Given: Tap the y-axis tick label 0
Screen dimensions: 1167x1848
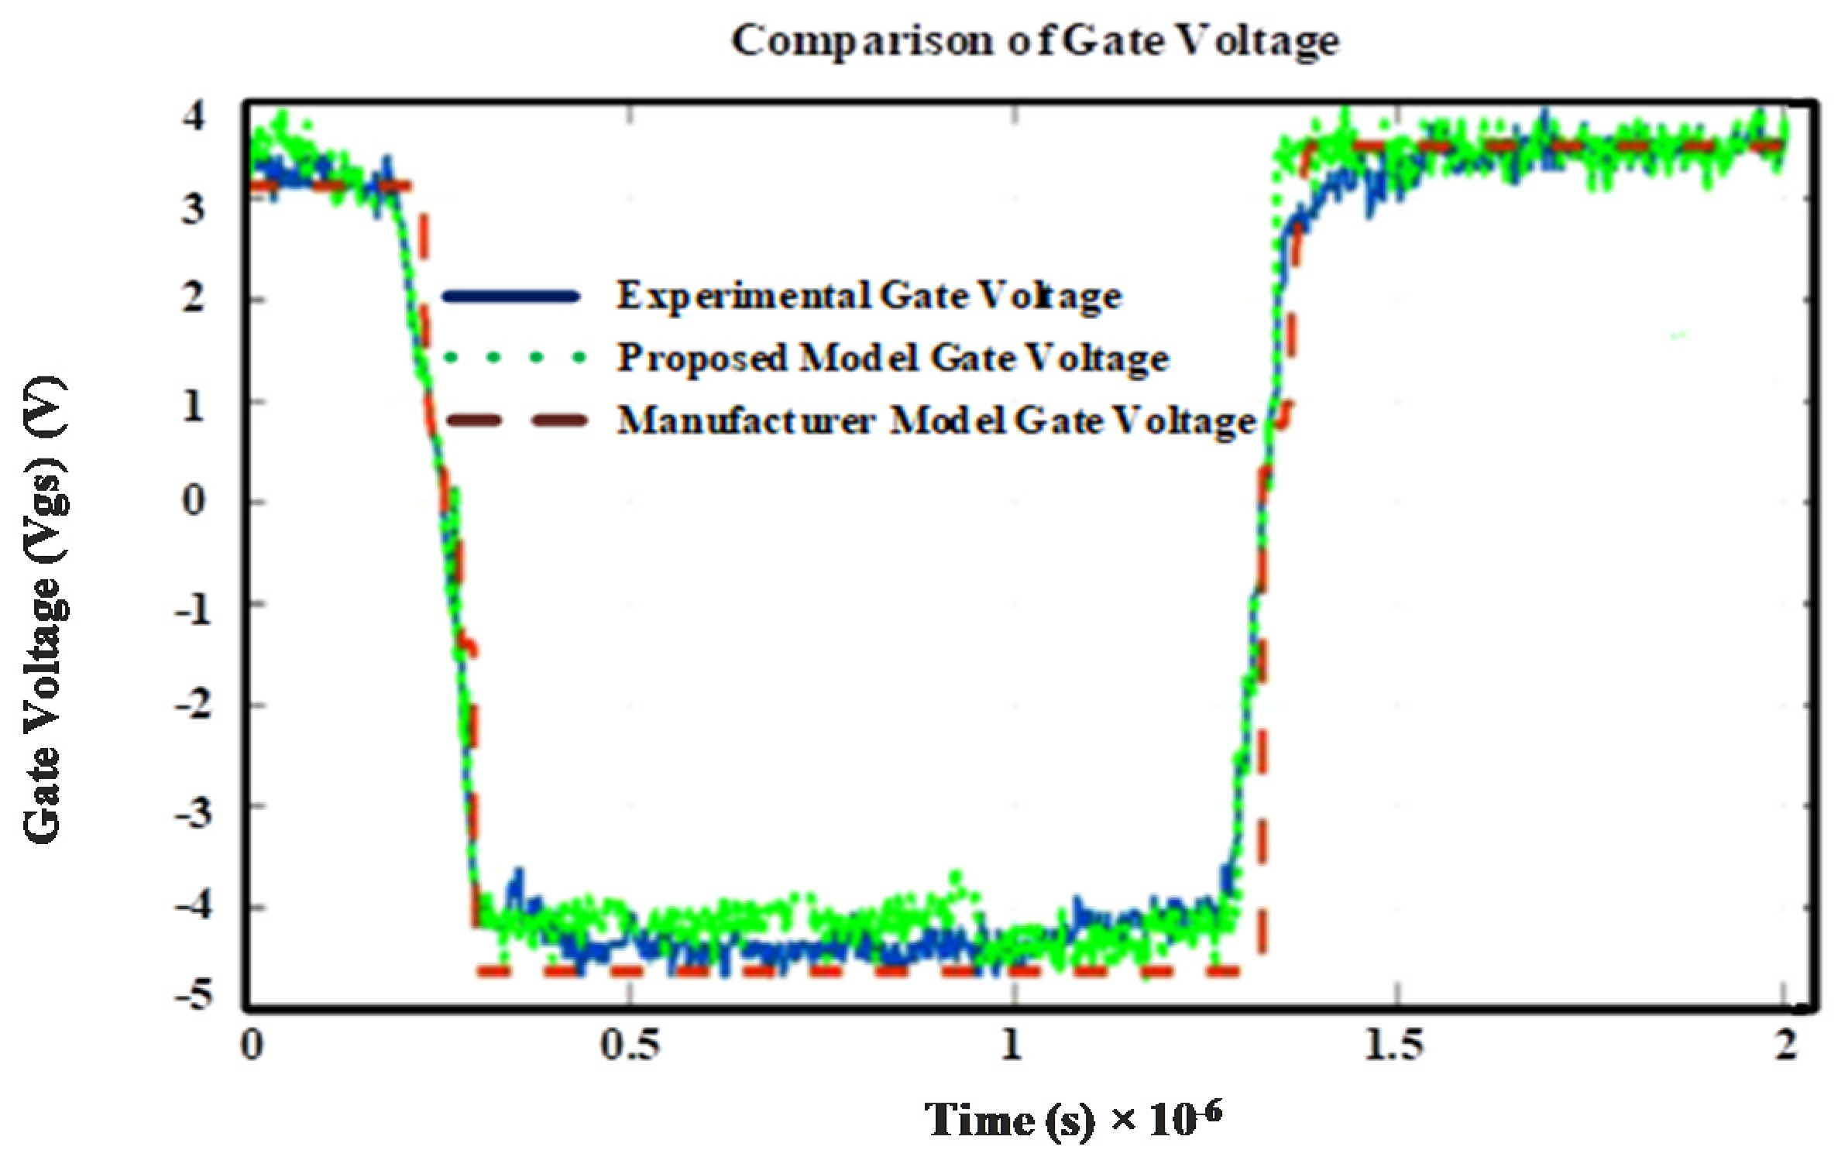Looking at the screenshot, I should tap(194, 501).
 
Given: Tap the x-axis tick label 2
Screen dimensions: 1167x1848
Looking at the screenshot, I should tap(1784, 1045).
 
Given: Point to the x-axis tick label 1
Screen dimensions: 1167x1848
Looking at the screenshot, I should tap(1011, 1045).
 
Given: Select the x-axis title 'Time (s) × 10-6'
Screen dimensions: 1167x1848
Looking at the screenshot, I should tap(1073, 1120).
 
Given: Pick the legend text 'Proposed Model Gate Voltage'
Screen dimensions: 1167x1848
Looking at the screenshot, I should tap(892, 359).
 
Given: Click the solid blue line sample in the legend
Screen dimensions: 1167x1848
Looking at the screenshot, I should tap(510, 297).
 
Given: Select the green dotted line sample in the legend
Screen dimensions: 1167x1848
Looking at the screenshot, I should tap(511, 358).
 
